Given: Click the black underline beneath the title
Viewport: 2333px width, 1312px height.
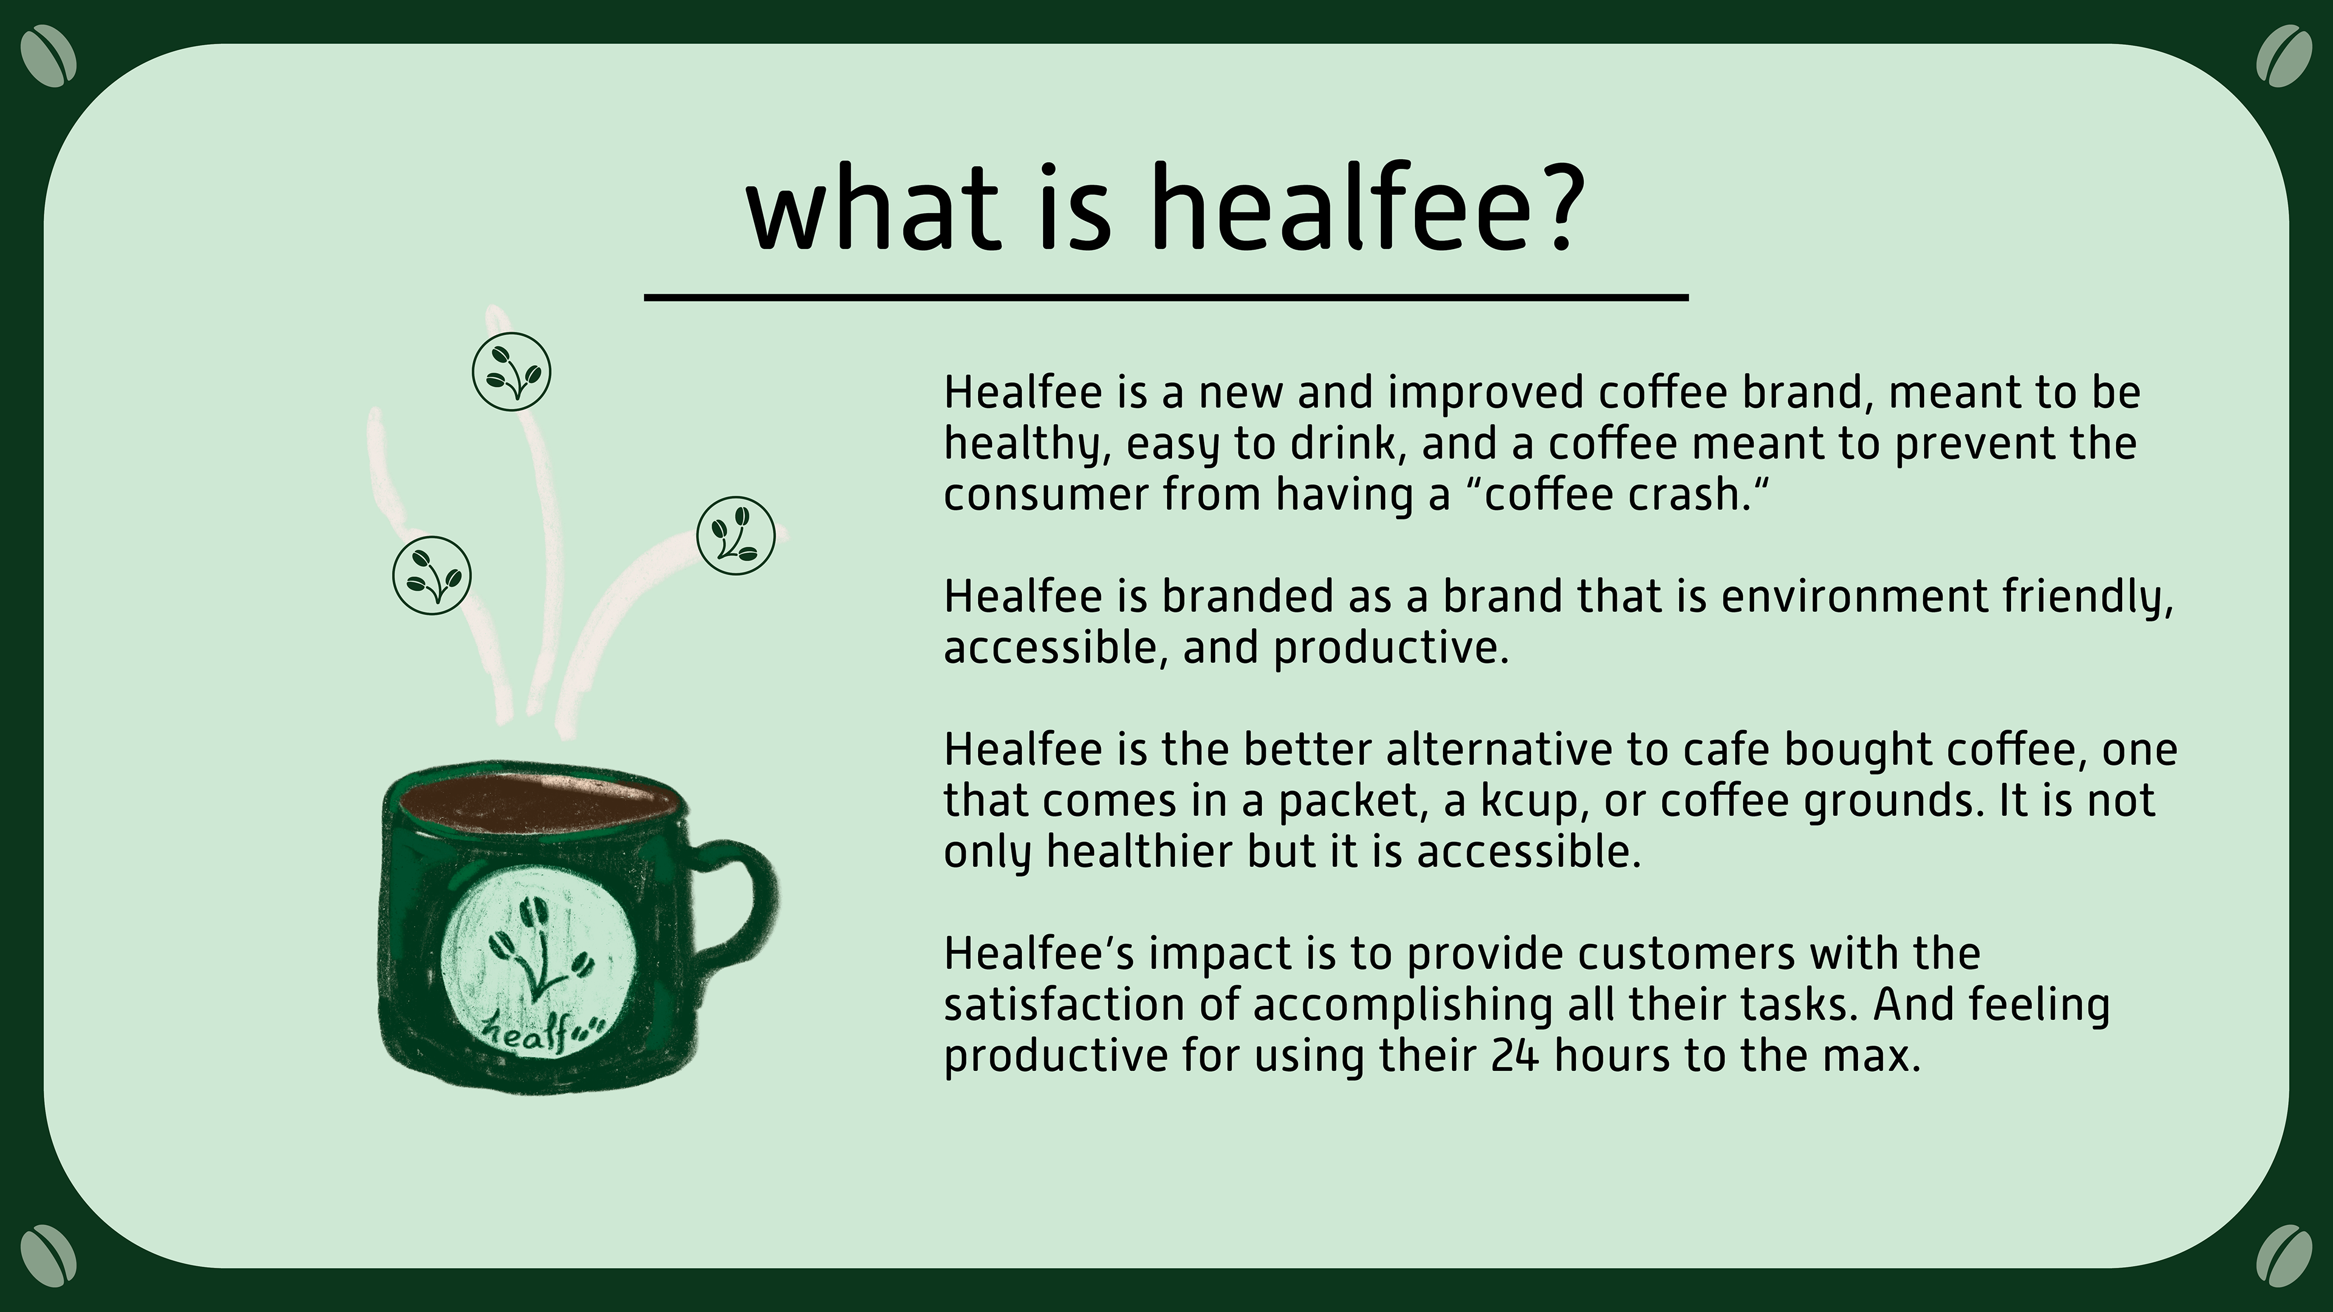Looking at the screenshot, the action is click(1166, 296).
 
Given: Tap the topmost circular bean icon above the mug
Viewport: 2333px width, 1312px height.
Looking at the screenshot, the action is click(512, 372).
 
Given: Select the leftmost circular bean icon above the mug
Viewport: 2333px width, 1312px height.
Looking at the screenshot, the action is click(432, 576).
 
